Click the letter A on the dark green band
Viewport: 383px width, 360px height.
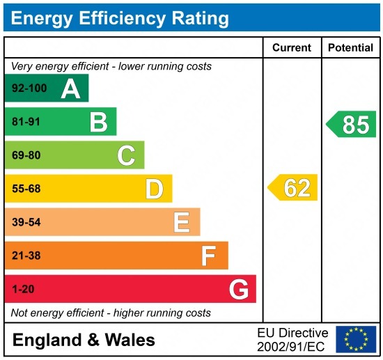tap(70, 88)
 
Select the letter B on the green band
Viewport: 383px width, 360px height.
tap(98, 122)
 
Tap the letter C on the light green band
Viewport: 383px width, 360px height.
tap(126, 155)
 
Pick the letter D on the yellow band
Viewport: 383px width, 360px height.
tap(154, 189)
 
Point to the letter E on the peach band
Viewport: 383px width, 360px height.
tap(182, 222)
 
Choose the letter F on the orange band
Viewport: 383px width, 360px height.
tap(209, 256)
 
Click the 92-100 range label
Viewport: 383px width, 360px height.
tap(29, 88)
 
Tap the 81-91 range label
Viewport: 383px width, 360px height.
tap(26, 122)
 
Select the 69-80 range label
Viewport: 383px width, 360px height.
tap(26, 155)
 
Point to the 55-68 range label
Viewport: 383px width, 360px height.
tap(26, 189)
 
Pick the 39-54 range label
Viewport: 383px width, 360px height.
tap(26, 222)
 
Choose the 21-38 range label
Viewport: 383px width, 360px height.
tap(26, 256)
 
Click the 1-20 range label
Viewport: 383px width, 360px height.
tap(23, 289)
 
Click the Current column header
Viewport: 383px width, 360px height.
tap(291, 48)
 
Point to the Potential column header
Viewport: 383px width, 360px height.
tap(351, 48)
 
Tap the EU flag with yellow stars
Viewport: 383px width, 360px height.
tap(355, 338)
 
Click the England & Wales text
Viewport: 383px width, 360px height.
tap(84, 341)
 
